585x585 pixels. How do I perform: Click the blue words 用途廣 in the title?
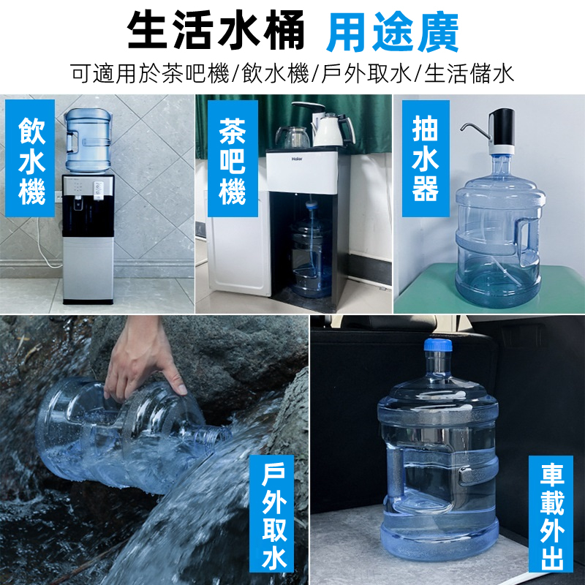(392, 32)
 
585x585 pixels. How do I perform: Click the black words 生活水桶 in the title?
(216, 30)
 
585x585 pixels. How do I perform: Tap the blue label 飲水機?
(30, 159)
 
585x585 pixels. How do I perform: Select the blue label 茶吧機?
(233, 159)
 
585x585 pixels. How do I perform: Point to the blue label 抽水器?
(426, 159)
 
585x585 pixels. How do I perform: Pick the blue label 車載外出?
(551, 515)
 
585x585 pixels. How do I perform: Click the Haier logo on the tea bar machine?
(297, 159)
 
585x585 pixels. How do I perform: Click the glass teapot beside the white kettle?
(293, 137)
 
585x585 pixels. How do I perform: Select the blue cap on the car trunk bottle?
(438, 344)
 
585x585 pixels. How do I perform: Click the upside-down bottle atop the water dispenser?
(88, 140)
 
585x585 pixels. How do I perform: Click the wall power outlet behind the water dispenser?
(58, 196)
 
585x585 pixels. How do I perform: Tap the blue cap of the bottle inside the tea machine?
(312, 205)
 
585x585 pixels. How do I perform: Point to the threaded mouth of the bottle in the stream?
(216, 434)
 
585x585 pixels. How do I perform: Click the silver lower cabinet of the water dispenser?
(88, 269)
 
